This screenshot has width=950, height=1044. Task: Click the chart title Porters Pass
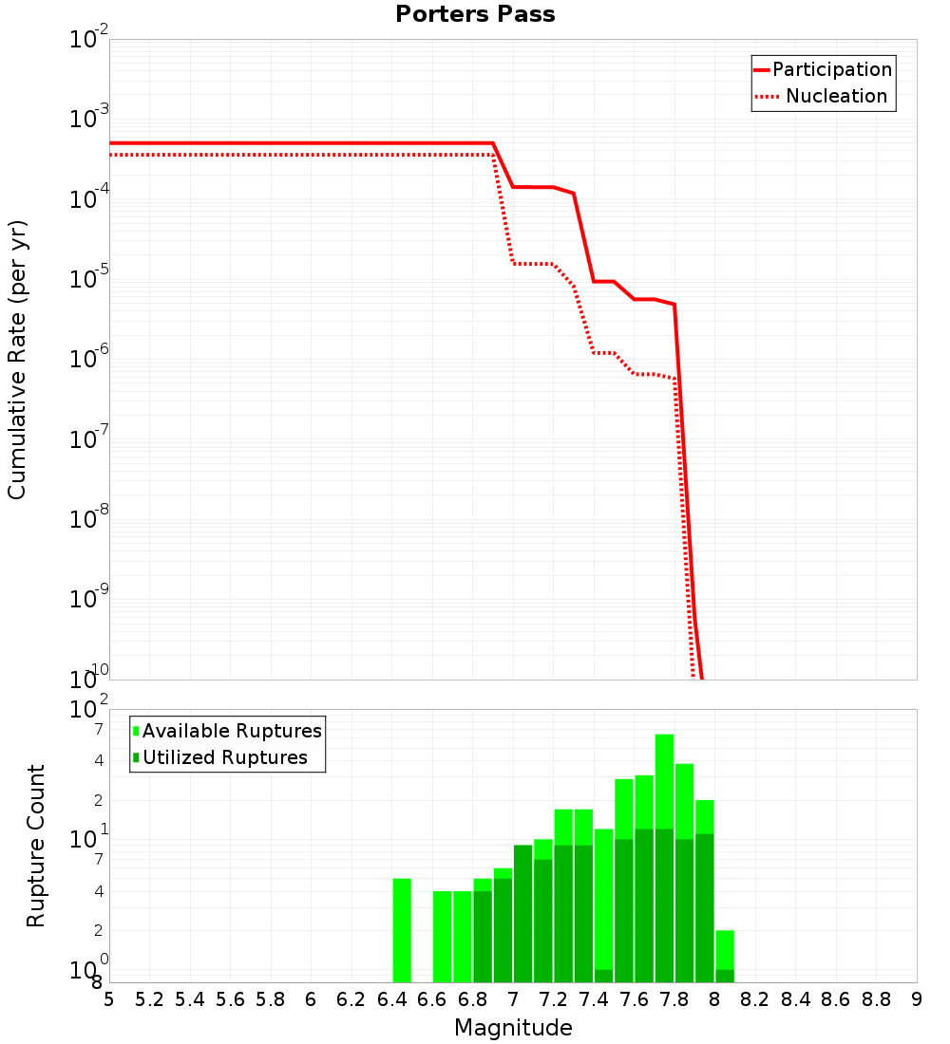475,14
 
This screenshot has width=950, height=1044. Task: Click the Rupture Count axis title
36,845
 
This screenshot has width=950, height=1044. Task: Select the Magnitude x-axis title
513,1027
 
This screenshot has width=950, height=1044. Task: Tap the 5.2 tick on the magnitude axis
149,999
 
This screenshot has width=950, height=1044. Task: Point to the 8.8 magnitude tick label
876,999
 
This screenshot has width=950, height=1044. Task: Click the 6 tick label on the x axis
311,999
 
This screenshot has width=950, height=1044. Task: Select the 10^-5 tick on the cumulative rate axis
89,279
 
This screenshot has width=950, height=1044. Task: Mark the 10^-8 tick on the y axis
89,519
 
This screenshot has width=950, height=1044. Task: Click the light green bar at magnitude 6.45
402,930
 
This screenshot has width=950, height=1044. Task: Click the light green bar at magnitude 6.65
442,936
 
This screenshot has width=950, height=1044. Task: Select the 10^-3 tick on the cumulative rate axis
89,119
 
